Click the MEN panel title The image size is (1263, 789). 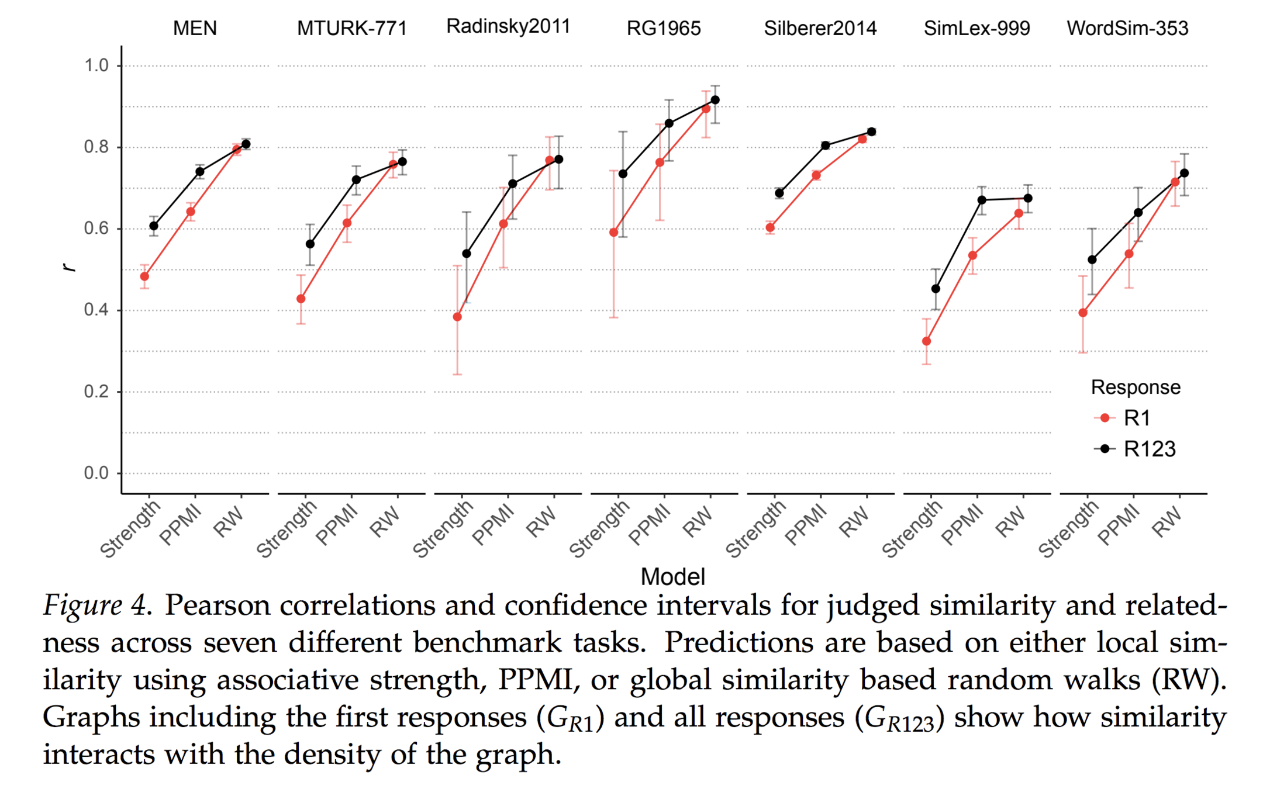pyautogui.click(x=195, y=28)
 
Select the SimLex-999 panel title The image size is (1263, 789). pyautogui.click(x=976, y=28)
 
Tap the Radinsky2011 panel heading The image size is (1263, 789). pyautogui.click(x=508, y=26)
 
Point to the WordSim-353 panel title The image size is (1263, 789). pyautogui.click(x=1127, y=28)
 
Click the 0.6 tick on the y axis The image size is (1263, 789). pyautogui.click(x=96, y=229)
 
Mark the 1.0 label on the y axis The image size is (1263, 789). pyautogui.click(x=96, y=65)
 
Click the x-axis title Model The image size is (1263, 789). pyautogui.click(x=672, y=577)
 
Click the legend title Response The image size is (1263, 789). pyautogui.click(x=1136, y=387)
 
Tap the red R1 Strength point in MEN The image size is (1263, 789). pyautogui.click(x=144, y=276)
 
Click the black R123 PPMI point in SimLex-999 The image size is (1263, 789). pyautogui.click(x=982, y=200)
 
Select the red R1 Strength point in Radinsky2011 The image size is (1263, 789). pyautogui.click(x=457, y=317)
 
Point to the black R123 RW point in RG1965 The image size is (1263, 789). pyautogui.click(x=715, y=100)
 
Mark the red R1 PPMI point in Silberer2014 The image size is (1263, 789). pyautogui.click(x=816, y=175)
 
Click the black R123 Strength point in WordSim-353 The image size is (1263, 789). pyautogui.click(x=1092, y=259)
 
